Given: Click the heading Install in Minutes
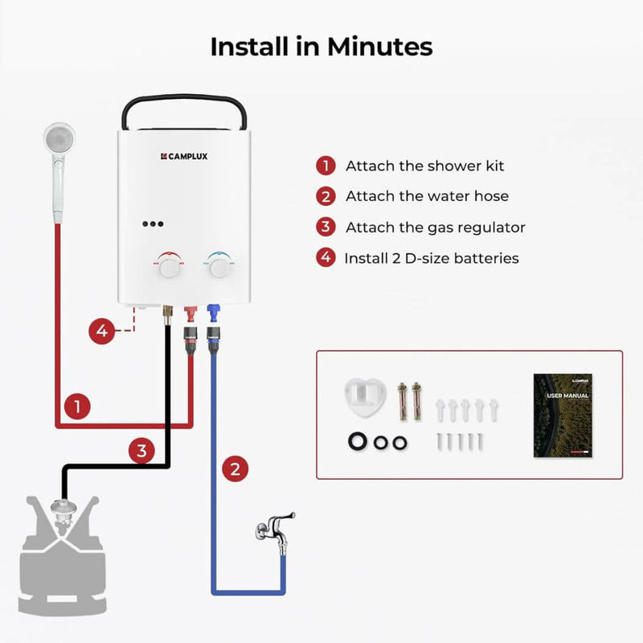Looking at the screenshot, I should tap(321, 47).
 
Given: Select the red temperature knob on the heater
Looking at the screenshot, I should tap(169, 266).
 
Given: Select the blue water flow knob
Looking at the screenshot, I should tap(217, 266).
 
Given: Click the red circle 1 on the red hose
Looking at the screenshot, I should tap(76, 407).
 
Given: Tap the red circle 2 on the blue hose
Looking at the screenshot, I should tap(234, 469).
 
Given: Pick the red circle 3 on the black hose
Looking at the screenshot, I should tap(141, 451).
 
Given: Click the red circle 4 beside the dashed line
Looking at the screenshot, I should tap(100, 330).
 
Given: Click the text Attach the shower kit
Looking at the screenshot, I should tap(424, 166).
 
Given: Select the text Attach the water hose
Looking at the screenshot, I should tap(427, 196).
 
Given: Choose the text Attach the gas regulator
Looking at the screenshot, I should tap(435, 227).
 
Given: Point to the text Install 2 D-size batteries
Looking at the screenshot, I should tap(431, 258).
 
